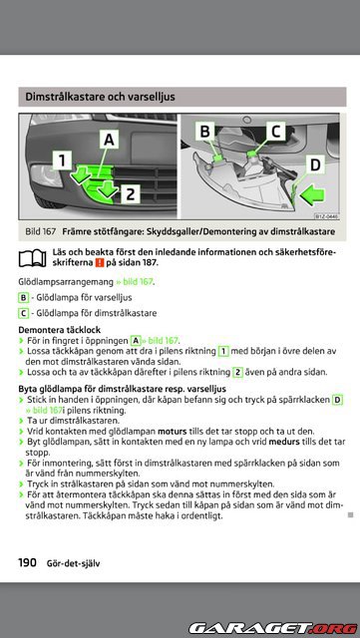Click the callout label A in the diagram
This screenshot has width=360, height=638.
click(x=109, y=140)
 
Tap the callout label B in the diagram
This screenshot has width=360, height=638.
click(x=205, y=132)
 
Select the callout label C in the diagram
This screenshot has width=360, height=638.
click(x=275, y=132)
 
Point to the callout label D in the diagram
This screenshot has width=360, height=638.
click(x=315, y=164)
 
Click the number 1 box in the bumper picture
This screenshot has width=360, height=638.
click(x=62, y=159)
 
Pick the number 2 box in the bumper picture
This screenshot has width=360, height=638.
click(x=130, y=194)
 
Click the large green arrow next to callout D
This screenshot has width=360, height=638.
click(x=312, y=194)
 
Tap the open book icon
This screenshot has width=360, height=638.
click(x=32, y=257)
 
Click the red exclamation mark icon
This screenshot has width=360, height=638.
click(x=100, y=263)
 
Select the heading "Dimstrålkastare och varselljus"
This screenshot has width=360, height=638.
click(x=100, y=97)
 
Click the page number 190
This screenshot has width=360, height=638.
click(x=27, y=562)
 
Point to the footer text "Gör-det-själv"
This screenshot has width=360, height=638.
click(x=73, y=563)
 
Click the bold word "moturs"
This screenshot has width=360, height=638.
click(x=172, y=431)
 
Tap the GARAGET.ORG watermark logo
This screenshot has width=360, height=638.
click(x=272, y=628)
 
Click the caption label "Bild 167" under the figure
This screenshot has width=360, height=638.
click(x=40, y=231)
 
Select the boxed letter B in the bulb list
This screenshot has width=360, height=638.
click(x=23, y=298)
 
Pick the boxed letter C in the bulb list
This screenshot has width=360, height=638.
click(x=23, y=313)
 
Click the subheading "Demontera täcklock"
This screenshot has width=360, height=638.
click(x=60, y=330)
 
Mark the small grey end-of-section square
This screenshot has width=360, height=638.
click(x=351, y=515)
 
